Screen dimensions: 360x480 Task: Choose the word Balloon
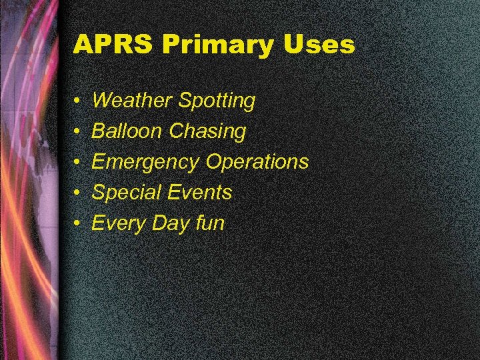127,131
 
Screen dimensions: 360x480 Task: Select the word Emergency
145,163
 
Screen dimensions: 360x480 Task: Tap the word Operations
257,163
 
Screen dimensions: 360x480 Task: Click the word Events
199,193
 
